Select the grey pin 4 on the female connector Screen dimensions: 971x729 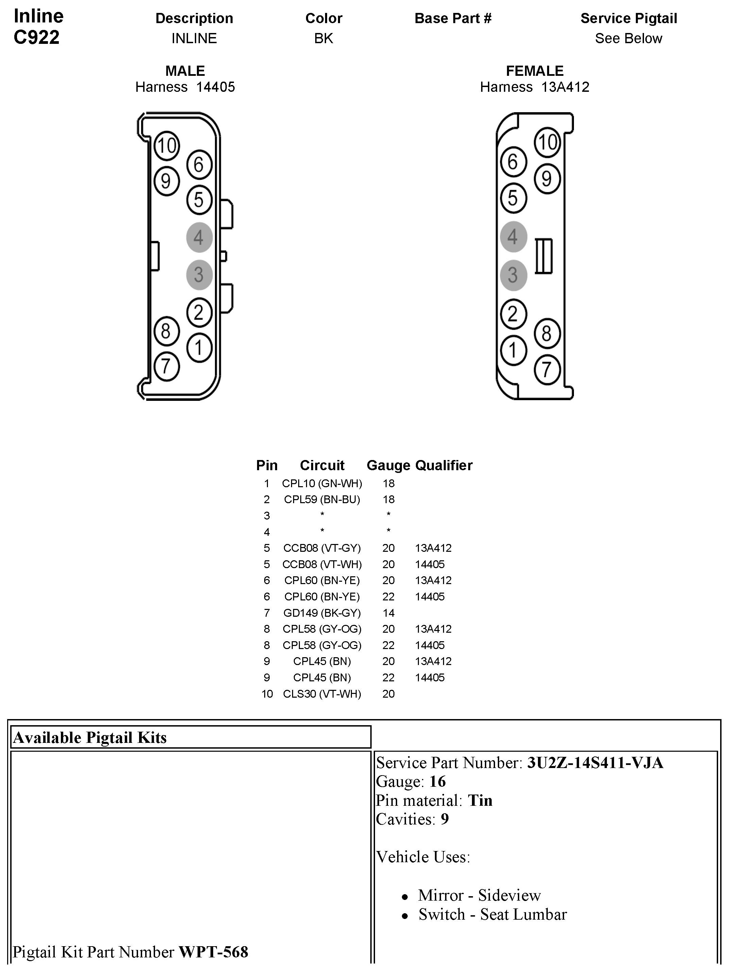[x=513, y=237]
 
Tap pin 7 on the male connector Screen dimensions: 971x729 [x=166, y=366]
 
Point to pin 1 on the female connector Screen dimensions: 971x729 [x=513, y=350]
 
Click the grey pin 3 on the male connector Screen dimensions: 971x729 [x=199, y=275]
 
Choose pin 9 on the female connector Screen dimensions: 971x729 [x=547, y=178]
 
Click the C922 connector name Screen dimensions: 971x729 [x=36, y=37]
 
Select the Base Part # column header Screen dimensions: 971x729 [x=453, y=18]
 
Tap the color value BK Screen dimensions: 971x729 [x=323, y=39]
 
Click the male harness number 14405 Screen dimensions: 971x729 [x=216, y=87]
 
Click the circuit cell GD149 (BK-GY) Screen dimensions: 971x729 [x=322, y=613]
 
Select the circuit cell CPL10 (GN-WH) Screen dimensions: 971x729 [x=322, y=483]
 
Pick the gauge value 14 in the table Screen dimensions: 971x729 [x=388, y=613]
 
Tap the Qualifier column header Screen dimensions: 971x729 [x=444, y=465]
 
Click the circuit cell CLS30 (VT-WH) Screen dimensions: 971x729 [x=322, y=694]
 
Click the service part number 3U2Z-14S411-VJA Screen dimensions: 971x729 [x=595, y=763]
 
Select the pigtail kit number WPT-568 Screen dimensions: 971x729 [x=213, y=952]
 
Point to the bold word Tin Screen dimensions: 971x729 [x=480, y=801]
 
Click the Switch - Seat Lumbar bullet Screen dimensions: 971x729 [x=492, y=914]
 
